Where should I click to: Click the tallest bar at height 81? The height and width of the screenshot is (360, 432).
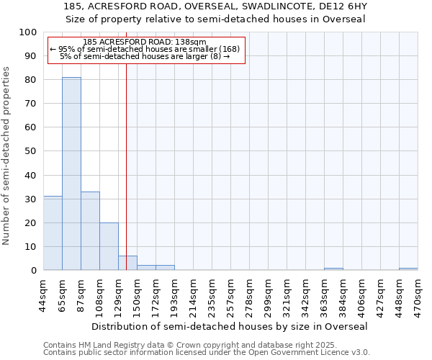[x=71, y=174]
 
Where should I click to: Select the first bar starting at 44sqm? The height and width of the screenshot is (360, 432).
[x=53, y=233]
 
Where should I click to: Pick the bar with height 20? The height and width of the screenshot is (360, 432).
[x=109, y=246]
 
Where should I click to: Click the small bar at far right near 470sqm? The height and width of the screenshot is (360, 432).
[x=408, y=269]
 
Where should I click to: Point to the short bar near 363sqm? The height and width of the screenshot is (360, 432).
[x=333, y=269]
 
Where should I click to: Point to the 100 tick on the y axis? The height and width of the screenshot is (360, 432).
[x=28, y=32]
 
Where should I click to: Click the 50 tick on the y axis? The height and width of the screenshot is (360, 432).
[x=31, y=151]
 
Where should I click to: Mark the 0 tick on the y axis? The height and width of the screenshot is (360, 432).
[x=34, y=270]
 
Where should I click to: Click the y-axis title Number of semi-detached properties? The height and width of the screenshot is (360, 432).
[x=6, y=156]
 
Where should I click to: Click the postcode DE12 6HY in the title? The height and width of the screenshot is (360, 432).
[x=343, y=6]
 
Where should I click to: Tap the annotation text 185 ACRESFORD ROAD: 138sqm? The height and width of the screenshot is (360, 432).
[x=145, y=42]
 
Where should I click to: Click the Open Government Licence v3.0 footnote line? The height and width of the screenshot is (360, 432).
[x=207, y=352]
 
